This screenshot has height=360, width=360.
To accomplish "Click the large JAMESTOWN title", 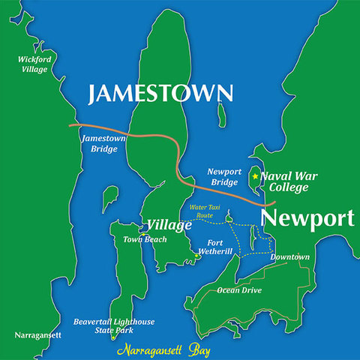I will [x=160, y=94].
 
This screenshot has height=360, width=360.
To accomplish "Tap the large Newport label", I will [x=307, y=219].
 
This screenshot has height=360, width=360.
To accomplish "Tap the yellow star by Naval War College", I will [x=255, y=176].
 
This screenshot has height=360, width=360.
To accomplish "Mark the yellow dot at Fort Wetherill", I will [x=196, y=256].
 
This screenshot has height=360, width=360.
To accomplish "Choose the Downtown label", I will [x=289, y=257].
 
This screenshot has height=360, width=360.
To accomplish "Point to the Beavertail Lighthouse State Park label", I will [x=114, y=325].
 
